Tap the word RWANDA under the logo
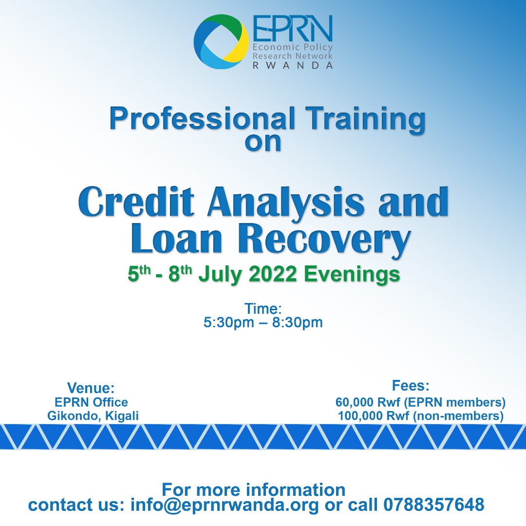pos(293,65)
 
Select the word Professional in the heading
pos(202,119)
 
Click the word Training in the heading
pos(366,120)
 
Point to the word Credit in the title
pos(136,202)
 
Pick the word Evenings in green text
pos(352,275)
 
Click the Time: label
pos(263,309)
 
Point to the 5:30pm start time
pos(229,323)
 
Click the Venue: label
pos(91,388)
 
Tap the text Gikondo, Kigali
pos(93,416)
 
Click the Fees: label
pos(411,386)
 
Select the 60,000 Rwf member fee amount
pos(368,402)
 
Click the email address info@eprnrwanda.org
pos(225,505)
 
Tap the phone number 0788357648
pos(434,505)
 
